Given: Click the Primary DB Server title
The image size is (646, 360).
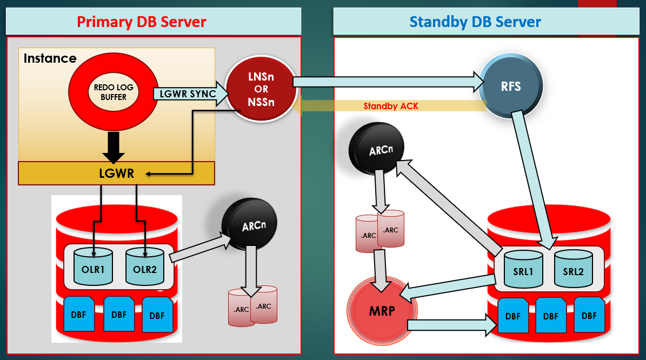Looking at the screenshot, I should point(141,22).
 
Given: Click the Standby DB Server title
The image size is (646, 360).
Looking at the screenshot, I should point(475,22).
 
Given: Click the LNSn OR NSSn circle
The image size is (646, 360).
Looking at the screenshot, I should point(261,89).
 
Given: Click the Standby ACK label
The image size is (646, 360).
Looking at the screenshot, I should point(390,106).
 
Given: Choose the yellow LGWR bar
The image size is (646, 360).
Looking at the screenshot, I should point(116,173).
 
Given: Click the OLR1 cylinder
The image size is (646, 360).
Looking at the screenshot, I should point(93,266).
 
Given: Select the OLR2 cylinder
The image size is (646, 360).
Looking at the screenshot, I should point(145,266).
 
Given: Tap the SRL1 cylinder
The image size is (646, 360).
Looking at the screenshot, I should point(524,268).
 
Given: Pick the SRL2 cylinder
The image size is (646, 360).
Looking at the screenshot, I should point(573,268).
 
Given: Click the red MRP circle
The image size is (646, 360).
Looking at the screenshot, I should point(382,311).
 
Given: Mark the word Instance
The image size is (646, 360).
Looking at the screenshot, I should point(50,58).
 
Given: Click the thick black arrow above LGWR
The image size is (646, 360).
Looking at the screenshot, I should point(114,146).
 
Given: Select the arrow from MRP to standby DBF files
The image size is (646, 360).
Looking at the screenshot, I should point(452,325).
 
